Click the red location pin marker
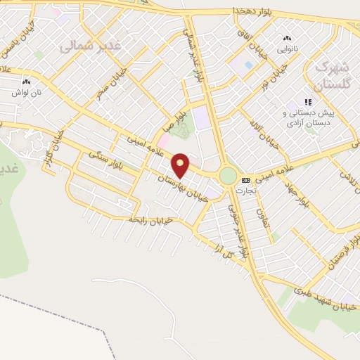[181, 165]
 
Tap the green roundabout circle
[228, 175]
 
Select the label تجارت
[245, 190]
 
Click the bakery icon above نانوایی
[286, 39]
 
